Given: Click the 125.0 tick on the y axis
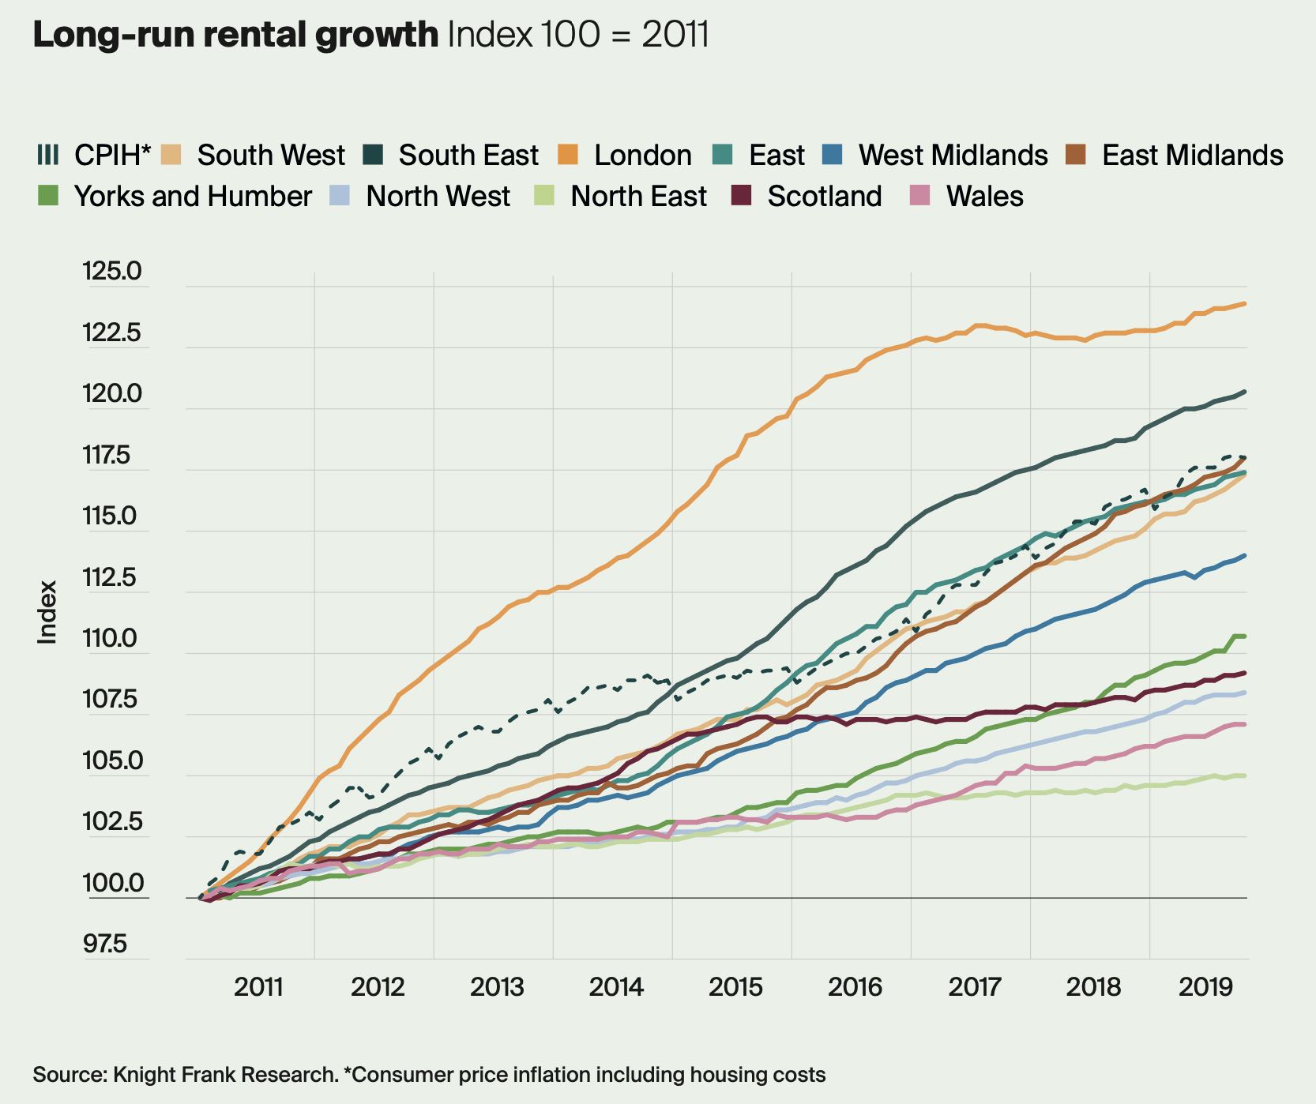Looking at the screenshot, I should [111, 272].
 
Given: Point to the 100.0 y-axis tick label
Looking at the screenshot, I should [111, 884].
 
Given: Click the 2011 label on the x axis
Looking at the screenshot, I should [259, 987].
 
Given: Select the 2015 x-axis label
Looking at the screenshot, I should [735, 987].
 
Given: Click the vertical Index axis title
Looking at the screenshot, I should [48, 613].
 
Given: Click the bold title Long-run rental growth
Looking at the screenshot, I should [235, 35].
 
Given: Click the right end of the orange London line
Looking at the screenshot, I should [1246, 303].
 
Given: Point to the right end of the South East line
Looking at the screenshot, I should [1246, 392].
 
